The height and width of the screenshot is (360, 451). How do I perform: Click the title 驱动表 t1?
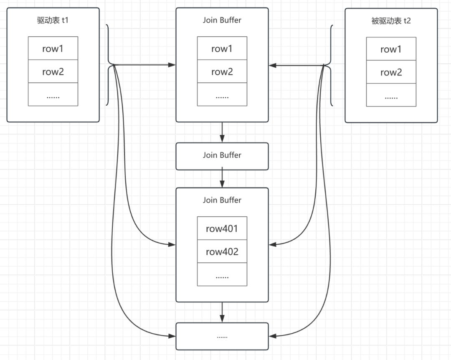(53, 20)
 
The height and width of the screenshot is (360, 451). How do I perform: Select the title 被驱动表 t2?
(391, 21)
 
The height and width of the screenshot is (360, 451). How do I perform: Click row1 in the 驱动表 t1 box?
(53, 48)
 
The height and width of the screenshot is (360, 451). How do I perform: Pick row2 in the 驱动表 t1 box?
(53, 71)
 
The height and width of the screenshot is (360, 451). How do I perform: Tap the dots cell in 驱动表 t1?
(53, 94)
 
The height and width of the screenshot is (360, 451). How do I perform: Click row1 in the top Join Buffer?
(222, 48)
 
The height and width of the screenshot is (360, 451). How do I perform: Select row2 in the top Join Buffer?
(222, 71)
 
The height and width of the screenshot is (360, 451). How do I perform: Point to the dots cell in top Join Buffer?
(222, 94)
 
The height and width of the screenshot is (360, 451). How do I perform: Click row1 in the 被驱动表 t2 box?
(391, 49)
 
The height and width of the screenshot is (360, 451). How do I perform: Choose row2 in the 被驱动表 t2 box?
(391, 72)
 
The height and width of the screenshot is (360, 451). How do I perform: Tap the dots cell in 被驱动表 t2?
(391, 95)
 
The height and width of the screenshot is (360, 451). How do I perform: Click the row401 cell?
(222, 228)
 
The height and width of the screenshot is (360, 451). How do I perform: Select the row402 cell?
(222, 251)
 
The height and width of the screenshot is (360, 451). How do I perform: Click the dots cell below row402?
(222, 274)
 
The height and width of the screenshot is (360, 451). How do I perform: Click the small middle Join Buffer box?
(222, 156)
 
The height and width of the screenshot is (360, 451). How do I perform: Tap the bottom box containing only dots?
(222, 336)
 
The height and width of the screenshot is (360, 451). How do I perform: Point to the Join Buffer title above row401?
(222, 200)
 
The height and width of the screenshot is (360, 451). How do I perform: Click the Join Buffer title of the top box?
(222, 20)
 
